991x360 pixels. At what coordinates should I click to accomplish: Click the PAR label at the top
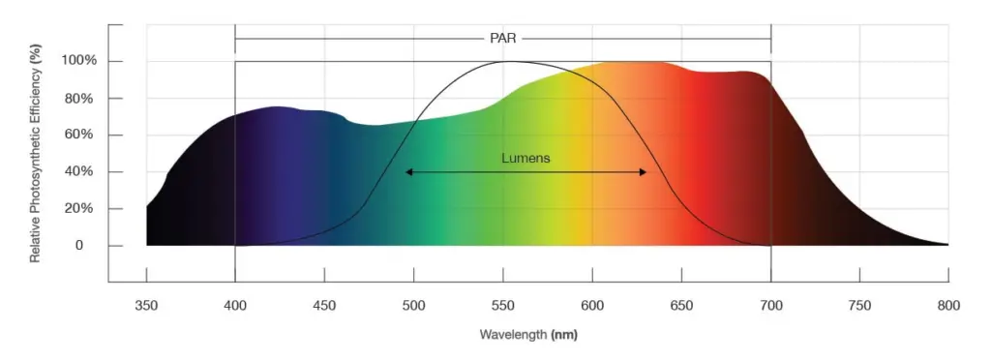click(x=502, y=39)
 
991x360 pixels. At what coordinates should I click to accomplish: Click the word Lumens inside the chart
click(x=526, y=158)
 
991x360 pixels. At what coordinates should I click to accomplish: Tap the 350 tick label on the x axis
click(x=146, y=305)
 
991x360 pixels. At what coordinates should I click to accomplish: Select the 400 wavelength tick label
click(x=235, y=305)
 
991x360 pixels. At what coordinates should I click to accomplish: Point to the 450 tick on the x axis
click(x=324, y=305)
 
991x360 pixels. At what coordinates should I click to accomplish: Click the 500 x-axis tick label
click(x=413, y=305)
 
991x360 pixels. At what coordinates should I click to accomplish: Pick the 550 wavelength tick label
click(x=502, y=305)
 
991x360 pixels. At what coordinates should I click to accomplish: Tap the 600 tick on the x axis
click(x=591, y=305)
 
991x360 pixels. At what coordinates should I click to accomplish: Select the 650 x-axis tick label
click(x=681, y=305)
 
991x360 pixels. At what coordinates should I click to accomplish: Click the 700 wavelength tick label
click(x=770, y=305)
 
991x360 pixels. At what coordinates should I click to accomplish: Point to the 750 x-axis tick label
click(x=859, y=305)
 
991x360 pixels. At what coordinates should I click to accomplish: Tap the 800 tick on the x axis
click(x=948, y=305)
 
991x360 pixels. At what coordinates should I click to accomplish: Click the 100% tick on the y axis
click(x=79, y=61)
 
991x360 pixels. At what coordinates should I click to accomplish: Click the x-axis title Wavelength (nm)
click(x=527, y=335)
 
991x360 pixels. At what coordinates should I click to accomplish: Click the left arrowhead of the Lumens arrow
click(x=409, y=172)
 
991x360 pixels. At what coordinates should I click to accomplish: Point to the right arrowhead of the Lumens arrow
click(x=643, y=172)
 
